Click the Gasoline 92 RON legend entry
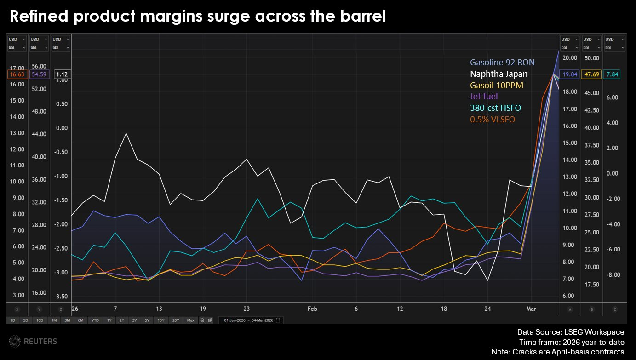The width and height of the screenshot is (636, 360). click(x=502, y=63)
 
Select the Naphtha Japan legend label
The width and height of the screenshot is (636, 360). click(x=498, y=74)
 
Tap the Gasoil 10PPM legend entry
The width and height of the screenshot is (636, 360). click(x=496, y=86)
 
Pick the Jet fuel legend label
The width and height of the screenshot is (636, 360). click(x=483, y=97)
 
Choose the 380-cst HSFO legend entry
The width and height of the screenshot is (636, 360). click(x=495, y=108)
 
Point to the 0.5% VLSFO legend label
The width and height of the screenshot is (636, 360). click(x=492, y=120)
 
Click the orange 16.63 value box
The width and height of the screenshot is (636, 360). click(x=17, y=74)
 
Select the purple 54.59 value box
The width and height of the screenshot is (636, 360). click(x=39, y=74)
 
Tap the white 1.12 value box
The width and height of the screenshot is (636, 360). click(x=61, y=74)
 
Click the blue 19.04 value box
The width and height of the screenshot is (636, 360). click(x=569, y=74)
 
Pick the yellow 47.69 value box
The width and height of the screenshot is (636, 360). click(x=591, y=74)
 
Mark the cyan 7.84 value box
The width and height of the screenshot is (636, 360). click(x=613, y=74)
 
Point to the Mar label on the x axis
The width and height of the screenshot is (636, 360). click(x=531, y=309)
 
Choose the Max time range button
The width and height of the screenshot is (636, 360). click(x=190, y=320)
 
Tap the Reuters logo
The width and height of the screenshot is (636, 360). click(x=33, y=341)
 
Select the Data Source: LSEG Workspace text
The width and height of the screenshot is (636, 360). click(x=570, y=332)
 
